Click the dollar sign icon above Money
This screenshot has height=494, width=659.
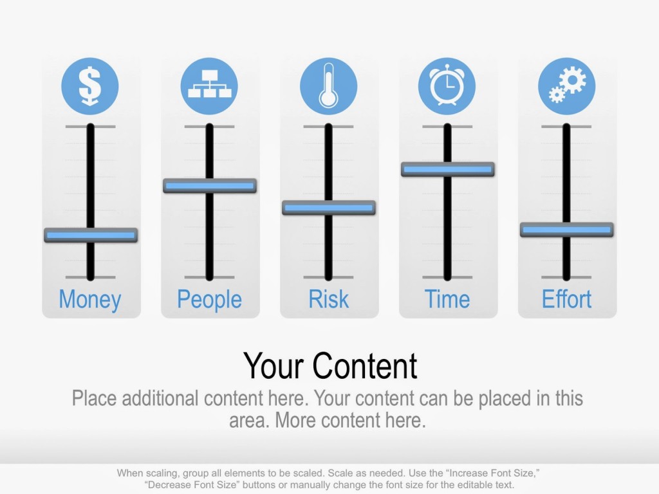[x=90, y=86]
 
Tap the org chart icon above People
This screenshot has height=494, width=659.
[x=209, y=86]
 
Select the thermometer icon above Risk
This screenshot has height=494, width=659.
[x=328, y=86]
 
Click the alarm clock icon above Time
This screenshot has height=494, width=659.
[x=447, y=86]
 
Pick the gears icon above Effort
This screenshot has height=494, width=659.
[x=566, y=86]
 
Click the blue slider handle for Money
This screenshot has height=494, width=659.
[x=91, y=235]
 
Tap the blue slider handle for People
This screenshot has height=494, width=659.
[x=210, y=186]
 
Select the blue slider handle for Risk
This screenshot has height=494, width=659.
[x=329, y=208]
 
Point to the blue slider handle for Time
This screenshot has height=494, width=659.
[x=448, y=169]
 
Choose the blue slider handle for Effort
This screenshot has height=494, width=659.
[x=567, y=230]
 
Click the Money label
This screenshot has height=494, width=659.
[x=90, y=300]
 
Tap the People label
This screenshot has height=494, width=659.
[x=209, y=300]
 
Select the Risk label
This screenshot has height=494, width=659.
[x=328, y=300]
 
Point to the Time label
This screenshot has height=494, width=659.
[x=447, y=300]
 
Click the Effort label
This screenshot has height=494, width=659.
[x=566, y=300]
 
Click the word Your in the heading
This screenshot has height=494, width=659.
[x=274, y=366]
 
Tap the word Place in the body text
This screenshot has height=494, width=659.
[x=95, y=398]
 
